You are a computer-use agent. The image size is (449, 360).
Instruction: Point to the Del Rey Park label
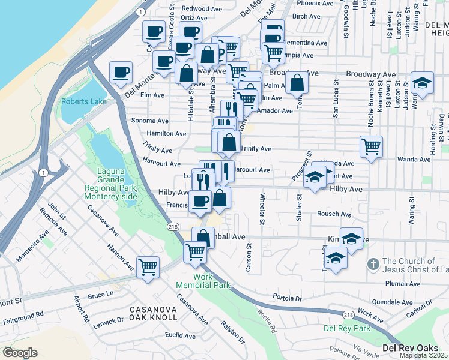click(346, 328)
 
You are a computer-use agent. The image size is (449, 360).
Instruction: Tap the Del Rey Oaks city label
click(414, 348)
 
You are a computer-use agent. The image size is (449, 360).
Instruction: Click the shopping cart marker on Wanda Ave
click(372, 146)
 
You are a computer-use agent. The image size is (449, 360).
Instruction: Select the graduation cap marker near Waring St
click(422, 83)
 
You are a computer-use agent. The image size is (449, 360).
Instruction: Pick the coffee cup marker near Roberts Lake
click(121, 73)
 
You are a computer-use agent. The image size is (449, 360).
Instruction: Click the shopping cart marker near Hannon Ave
click(148, 266)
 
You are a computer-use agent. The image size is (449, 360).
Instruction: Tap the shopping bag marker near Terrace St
click(297, 82)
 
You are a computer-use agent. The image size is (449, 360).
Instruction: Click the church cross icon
click(373, 263)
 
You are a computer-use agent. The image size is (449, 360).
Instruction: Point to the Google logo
click(20, 352)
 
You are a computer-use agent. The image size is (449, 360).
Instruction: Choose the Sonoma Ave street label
click(149, 121)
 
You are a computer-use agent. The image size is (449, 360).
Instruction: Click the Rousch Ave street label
click(334, 214)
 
